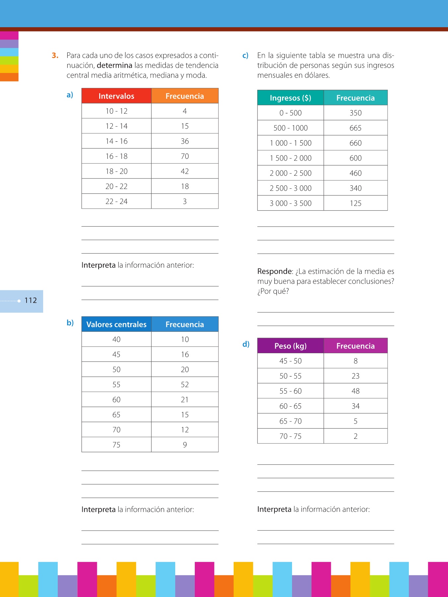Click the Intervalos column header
pos(116,96)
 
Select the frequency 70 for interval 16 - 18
pos(185,156)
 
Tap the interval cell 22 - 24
pos(116,201)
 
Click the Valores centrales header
pos(116,324)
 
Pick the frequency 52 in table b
pos(185,384)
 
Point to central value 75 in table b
pos(116,445)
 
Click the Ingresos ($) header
pos(290,98)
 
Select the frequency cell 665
pos(355,128)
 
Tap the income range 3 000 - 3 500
pos(290,203)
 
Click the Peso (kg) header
pos(290,346)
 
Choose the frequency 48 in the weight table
pos(355,391)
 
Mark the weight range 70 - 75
pos(290,436)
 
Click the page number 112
pos(31,300)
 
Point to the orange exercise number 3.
pos(55,55)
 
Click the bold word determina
pos(114,65)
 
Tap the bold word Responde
pos(275,271)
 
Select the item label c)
pos(245,55)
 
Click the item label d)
pos(246,344)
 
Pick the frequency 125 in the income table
pos(355,203)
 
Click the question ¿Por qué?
pos(273,291)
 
